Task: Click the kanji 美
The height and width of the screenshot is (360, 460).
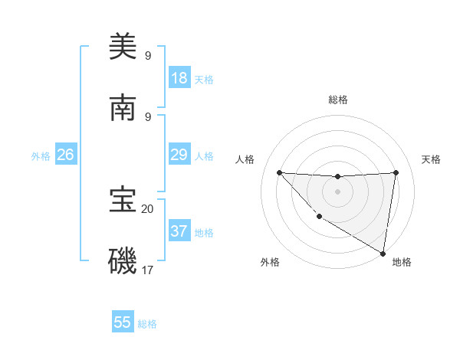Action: pyautogui.click(x=123, y=47)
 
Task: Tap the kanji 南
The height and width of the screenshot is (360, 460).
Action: pyautogui.click(x=123, y=108)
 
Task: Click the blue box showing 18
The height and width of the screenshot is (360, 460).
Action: pyautogui.click(x=179, y=78)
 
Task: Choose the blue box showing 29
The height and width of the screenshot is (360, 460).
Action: pyautogui.click(x=179, y=155)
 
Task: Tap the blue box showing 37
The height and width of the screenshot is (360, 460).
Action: pyautogui.click(x=179, y=231)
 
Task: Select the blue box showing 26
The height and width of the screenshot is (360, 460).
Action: pyautogui.click(x=65, y=155)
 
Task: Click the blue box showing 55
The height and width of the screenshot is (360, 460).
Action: pyautogui.click(x=123, y=322)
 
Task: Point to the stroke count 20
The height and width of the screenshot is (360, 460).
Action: pyautogui.click(x=147, y=208)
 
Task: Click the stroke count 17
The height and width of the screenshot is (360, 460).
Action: pyautogui.click(x=147, y=270)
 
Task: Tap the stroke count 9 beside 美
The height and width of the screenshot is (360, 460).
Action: pyautogui.click(x=147, y=56)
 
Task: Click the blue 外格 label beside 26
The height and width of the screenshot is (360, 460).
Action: pyautogui.click(x=41, y=155)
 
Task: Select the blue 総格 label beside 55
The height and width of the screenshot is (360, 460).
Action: pyautogui.click(x=147, y=323)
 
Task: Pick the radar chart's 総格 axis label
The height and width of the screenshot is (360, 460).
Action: pyautogui.click(x=337, y=100)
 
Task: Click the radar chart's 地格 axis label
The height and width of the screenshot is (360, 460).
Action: pyautogui.click(x=402, y=262)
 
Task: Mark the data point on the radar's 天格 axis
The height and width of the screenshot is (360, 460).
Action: pyautogui.click(x=396, y=172)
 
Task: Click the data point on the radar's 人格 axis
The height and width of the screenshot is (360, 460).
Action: pyautogui.click(x=279, y=172)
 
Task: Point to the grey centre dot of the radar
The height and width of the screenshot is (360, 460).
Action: pyautogui.click(x=337, y=191)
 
